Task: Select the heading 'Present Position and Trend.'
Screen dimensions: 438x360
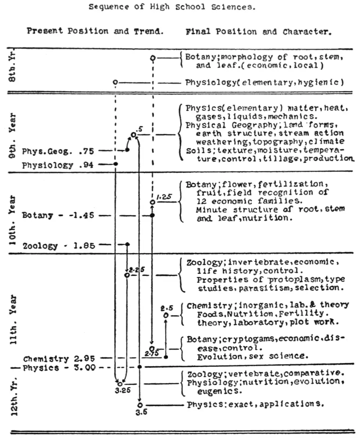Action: [95, 31]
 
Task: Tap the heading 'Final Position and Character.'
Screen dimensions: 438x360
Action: [259, 32]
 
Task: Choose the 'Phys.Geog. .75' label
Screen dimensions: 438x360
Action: [58, 151]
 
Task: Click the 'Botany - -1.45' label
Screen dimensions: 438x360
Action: [60, 215]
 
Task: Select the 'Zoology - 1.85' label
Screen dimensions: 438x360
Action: [60, 246]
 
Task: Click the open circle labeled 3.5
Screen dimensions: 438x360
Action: [139, 405]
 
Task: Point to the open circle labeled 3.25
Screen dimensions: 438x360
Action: [120, 384]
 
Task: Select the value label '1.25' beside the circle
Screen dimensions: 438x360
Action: [164, 197]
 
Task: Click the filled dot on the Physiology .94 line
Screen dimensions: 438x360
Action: [115, 164]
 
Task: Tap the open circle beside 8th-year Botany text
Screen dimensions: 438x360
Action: [152, 58]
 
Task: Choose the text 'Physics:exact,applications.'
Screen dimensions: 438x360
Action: [255, 405]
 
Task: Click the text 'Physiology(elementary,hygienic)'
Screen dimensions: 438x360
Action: [264, 82]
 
